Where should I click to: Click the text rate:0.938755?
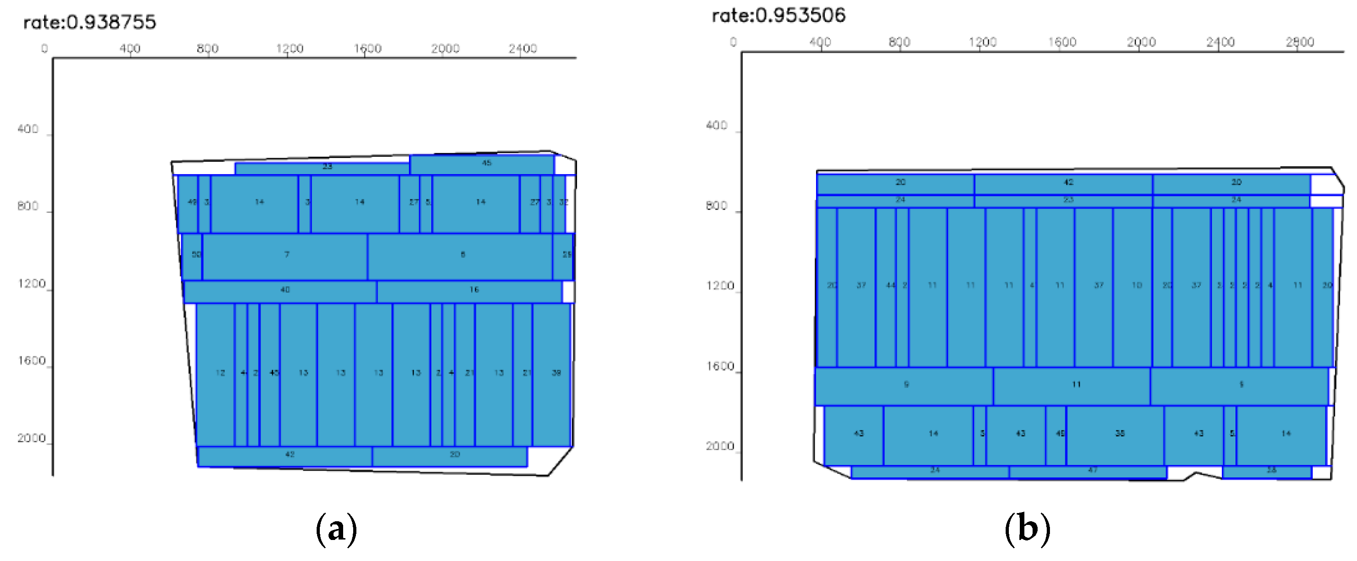pos(90,22)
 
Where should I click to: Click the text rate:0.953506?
pos(779,15)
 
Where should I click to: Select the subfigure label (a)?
pos(336,529)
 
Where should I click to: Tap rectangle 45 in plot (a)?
pos(482,164)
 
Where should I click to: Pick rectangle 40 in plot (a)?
pos(280,291)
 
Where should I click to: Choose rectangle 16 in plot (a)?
pos(469,291)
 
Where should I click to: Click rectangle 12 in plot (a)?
pos(216,374)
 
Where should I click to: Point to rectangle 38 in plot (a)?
pos(551,374)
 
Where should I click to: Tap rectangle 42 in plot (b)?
pos(1063,183)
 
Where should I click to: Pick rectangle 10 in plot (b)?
pos(1133,286)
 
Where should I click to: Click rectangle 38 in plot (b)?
pos(1115,434)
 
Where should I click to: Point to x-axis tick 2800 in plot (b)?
pos(1299,42)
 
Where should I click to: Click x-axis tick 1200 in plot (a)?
pos(289,48)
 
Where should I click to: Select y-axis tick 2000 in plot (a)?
pos(31,438)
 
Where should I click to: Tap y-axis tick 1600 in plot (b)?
pos(720,367)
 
